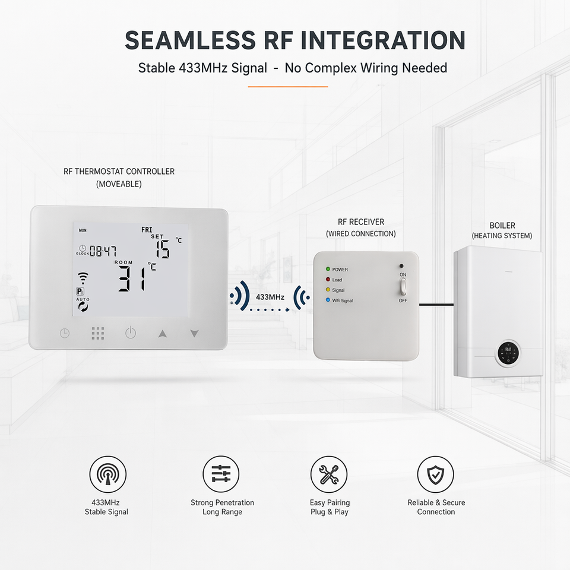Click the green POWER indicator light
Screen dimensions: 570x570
[x=328, y=269]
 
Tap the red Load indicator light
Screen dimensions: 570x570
[x=328, y=280]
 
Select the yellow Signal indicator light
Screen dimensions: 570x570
[x=328, y=290]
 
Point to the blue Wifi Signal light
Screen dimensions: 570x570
[x=328, y=300]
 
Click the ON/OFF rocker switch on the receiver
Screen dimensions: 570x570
[x=403, y=287]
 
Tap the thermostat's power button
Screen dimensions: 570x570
[x=131, y=332]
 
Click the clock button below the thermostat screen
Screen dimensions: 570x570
[x=65, y=333]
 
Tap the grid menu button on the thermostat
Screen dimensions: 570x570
[x=98, y=333]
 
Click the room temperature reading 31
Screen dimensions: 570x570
[x=132, y=278]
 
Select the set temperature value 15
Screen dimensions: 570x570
[x=163, y=249]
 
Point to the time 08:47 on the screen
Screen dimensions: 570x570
[x=103, y=251]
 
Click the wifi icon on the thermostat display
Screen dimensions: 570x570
[x=83, y=278]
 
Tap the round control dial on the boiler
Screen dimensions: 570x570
[x=508, y=352]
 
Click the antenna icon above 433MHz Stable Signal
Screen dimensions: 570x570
[x=108, y=474]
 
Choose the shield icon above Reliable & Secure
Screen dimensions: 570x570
[x=435, y=474]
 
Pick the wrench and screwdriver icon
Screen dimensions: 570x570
[x=329, y=474]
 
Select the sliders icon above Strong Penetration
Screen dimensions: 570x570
[x=221, y=474]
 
